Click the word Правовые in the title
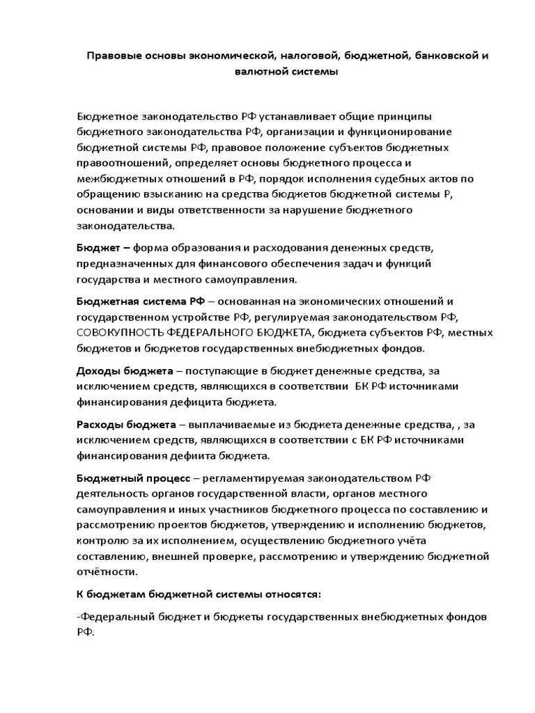click(111, 54)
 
